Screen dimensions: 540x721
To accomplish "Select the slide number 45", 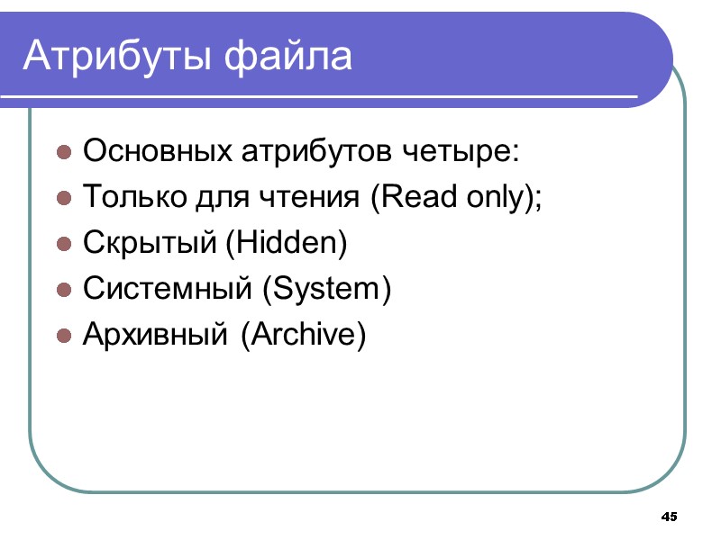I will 669,517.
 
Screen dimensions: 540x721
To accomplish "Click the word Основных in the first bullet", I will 157,150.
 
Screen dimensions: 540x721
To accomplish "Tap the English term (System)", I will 326,289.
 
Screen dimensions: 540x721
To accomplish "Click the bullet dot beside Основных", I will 64,151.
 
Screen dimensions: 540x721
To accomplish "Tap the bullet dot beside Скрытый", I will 64,243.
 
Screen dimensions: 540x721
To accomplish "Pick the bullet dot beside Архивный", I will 64,336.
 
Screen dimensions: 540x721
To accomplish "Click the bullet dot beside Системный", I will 64,290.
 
